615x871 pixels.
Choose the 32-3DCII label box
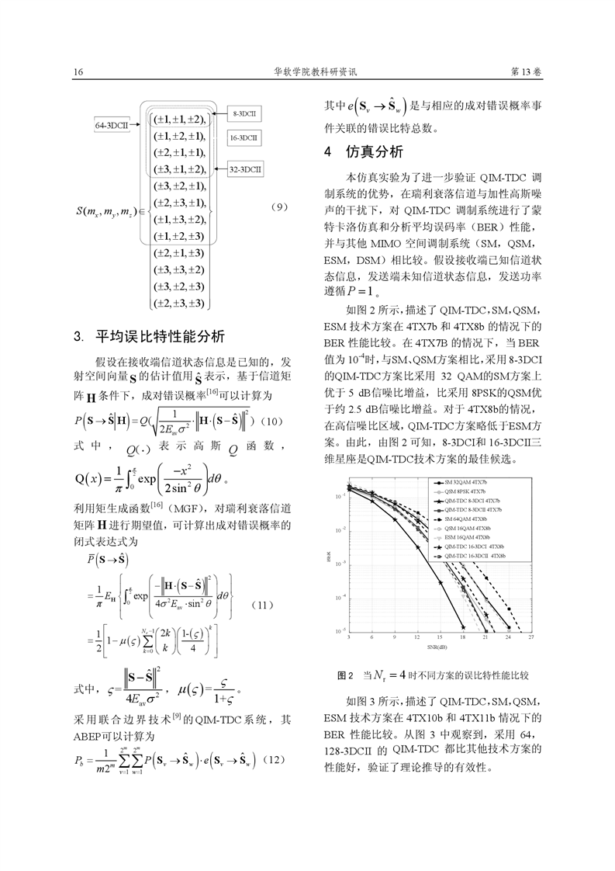[x=247, y=167]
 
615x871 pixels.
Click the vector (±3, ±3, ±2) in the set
[x=179, y=269]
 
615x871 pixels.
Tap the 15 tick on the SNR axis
[x=440, y=637]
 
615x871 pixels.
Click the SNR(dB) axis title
[x=440, y=645]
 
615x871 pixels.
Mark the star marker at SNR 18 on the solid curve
[x=463, y=626]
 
